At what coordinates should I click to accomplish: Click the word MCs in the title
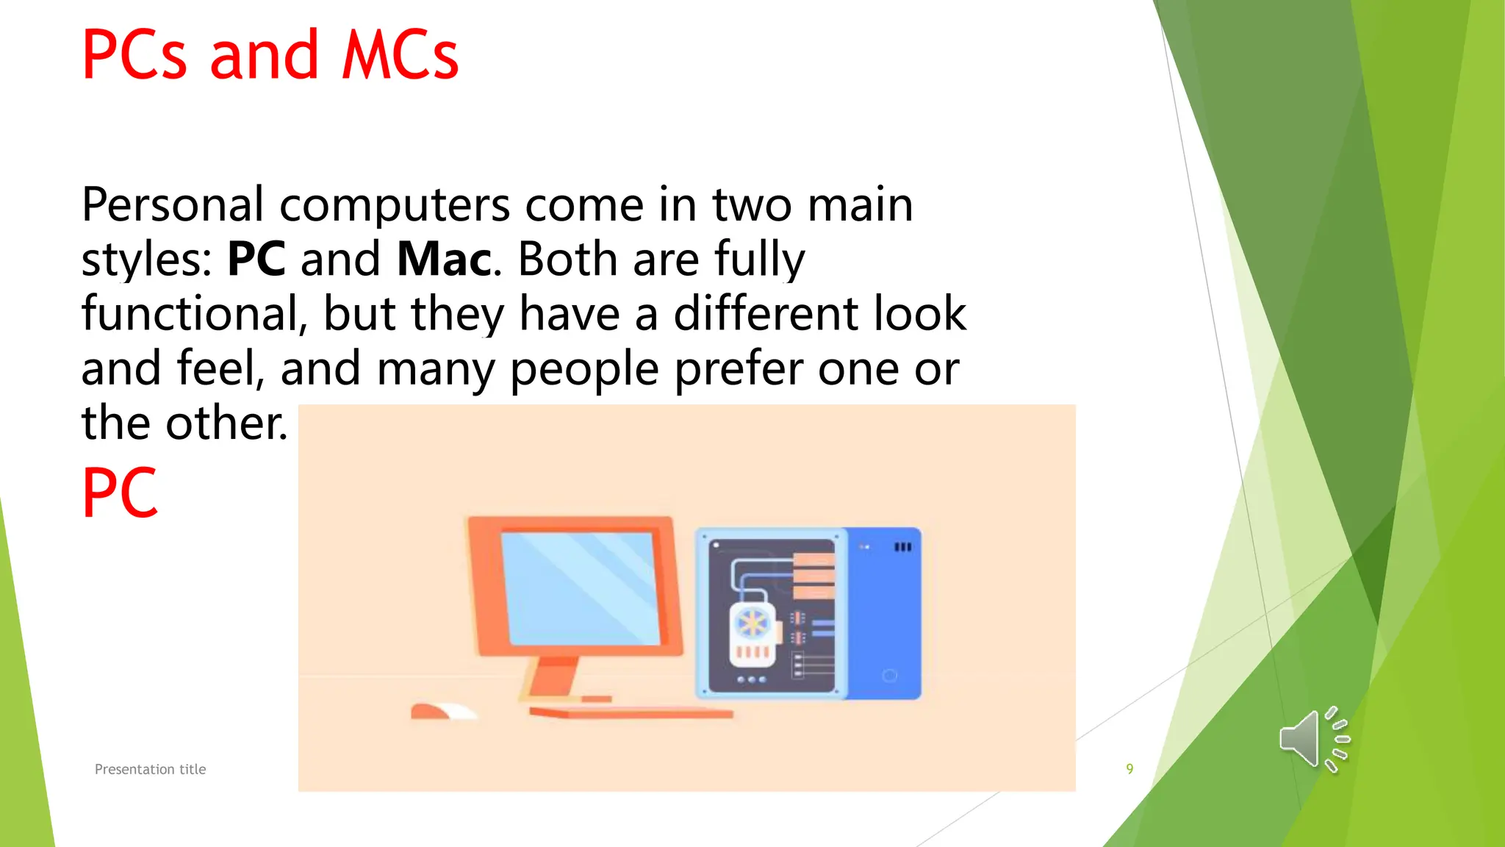pos(401,55)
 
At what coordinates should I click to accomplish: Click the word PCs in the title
pos(134,55)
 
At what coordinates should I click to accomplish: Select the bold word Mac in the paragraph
pos(445,259)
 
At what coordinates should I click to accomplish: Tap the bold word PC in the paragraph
pos(256,259)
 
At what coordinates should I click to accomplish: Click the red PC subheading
pos(120,493)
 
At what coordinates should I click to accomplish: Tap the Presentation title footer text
pos(150,769)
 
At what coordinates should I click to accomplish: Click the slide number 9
pos(1129,769)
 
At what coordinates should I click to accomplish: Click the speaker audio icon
pos(1314,740)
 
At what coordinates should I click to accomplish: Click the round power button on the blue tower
pos(889,675)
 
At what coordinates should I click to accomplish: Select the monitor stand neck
pos(553,676)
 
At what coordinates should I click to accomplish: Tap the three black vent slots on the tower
pos(902,547)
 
